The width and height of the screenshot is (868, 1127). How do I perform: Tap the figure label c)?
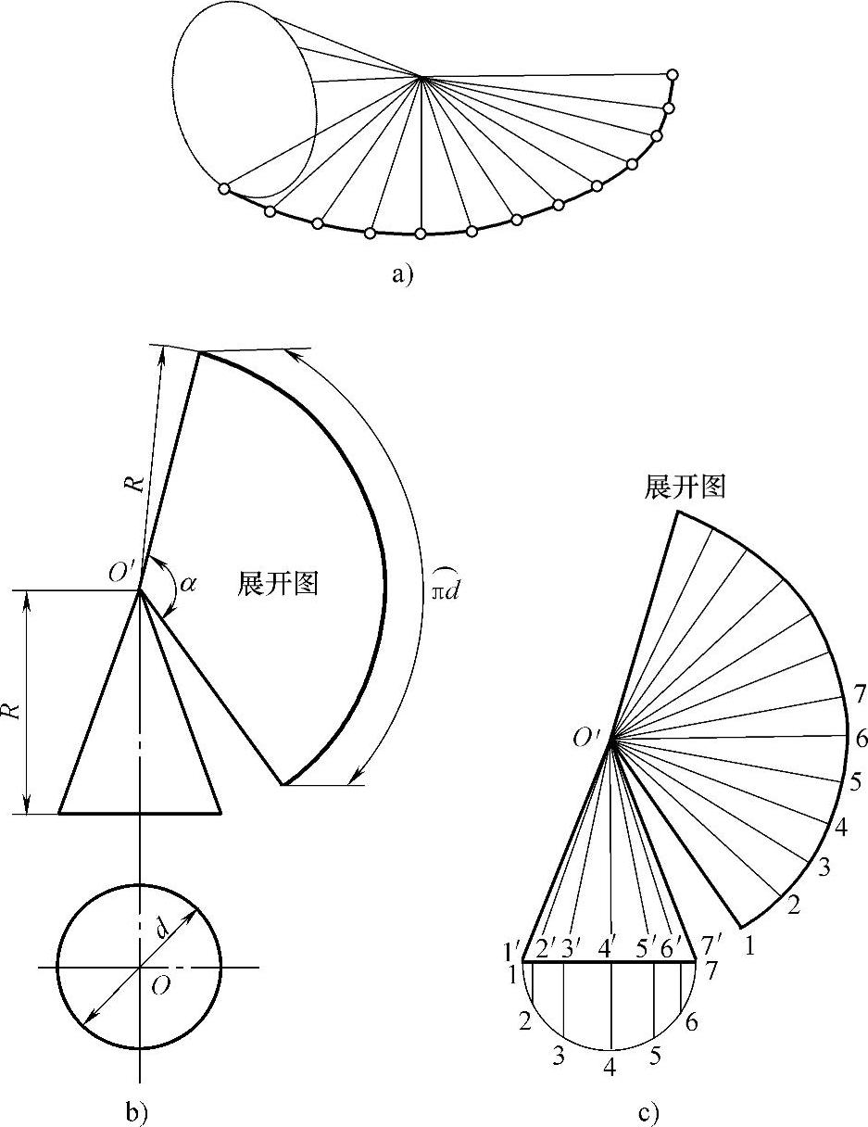click(x=648, y=1110)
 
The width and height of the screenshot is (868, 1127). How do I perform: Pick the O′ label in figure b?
click(x=123, y=573)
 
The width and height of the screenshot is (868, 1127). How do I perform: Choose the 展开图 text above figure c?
click(x=685, y=488)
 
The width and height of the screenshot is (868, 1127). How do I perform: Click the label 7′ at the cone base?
click(x=711, y=948)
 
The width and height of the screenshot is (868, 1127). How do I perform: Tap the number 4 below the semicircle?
click(x=610, y=1067)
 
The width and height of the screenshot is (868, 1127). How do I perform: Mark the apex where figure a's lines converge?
click(x=421, y=77)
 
